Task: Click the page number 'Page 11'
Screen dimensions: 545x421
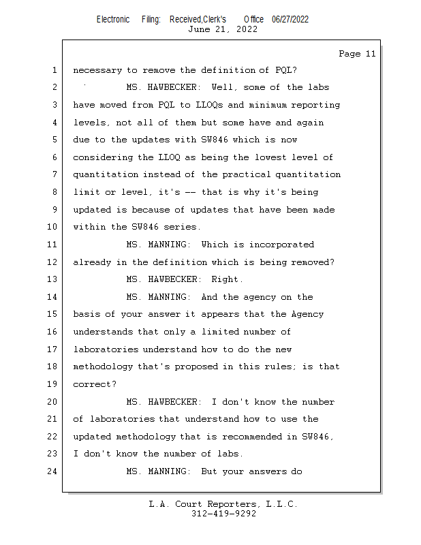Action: tap(357, 54)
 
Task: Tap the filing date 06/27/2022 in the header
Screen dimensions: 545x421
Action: tap(290, 19)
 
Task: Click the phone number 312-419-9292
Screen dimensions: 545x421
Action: tap(223, 514)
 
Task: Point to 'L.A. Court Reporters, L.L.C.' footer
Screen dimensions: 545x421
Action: tap(223, 504)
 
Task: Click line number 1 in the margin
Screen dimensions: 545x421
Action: tap(53, 70)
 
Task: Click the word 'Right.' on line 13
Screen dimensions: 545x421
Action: tap(227, 279)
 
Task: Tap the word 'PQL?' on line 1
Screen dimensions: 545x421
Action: tap(287, 70)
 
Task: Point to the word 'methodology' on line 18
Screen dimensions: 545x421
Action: tap(102, 367)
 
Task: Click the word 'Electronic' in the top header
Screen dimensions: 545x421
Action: tap(113, 19)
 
